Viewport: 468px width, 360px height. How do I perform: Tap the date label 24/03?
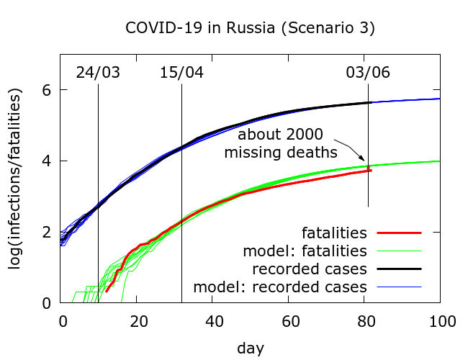click(98, 73)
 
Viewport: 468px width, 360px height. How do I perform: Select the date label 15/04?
click(181, 73)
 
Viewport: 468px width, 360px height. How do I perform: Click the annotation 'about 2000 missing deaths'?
click(281, 143)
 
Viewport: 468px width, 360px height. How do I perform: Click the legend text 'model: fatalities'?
click(305, 251)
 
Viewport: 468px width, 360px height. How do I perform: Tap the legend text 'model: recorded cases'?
click(280, 287)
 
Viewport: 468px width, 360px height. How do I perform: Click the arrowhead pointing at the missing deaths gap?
click(365, 163)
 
